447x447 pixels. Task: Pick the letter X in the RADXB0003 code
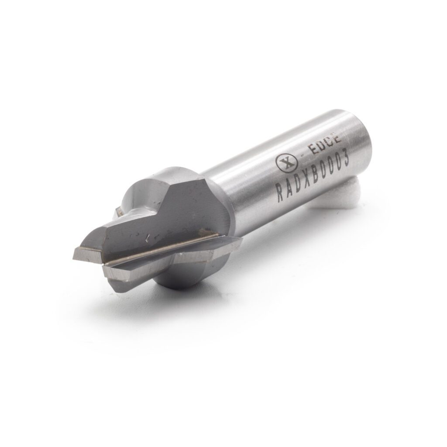(306, 181)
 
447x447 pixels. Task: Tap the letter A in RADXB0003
(289, 189)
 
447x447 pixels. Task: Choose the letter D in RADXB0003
(297, 185)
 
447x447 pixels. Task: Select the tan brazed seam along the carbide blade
(166, 249)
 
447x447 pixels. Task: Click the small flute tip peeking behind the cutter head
(117, 213)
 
